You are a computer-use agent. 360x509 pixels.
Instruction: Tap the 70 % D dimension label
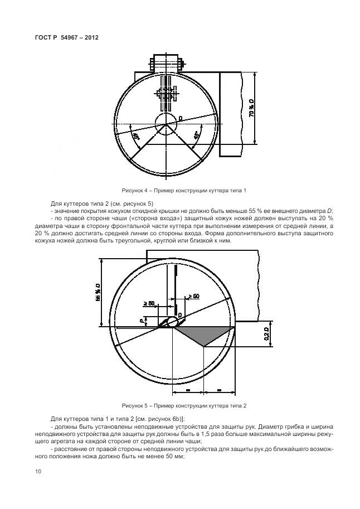pyautogui.click(x=251, y=108)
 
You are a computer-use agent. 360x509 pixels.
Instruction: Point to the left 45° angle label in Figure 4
pyautogui.click(x=135, y=135)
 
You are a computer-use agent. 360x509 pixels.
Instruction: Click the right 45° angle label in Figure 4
pyautogui.click(x=196, y=135)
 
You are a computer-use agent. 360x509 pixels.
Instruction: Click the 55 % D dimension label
pyautogui.click(x=97, y=291)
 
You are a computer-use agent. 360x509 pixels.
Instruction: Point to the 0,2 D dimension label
pyautogui.click(x=266, y=335)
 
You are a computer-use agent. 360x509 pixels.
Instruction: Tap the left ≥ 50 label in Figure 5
pyautogui.click(x=149, y=303)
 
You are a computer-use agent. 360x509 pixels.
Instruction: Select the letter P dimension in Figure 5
pyautogui.click(x=143, y=321)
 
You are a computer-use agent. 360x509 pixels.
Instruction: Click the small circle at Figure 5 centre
pyautogui.click(x=173, y=321)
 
